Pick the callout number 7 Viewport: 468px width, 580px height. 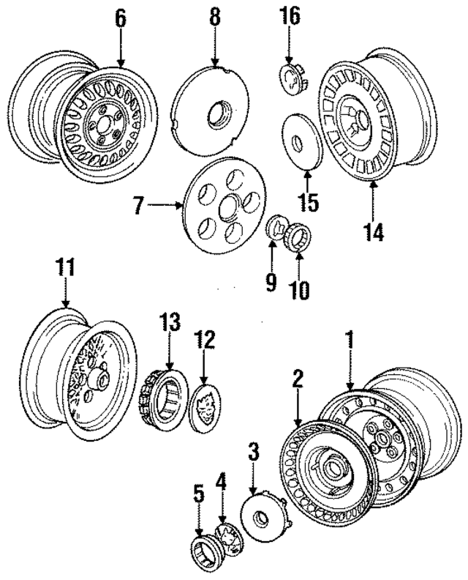pyautogui.click(x=139, y=207)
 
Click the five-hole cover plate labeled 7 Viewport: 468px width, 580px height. pyautogui.click(x=219, y=207)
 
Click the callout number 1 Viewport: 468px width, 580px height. pyautogui.click(x=350, y=341)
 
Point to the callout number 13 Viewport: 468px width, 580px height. pyautogui.click(x=169, y=322)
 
